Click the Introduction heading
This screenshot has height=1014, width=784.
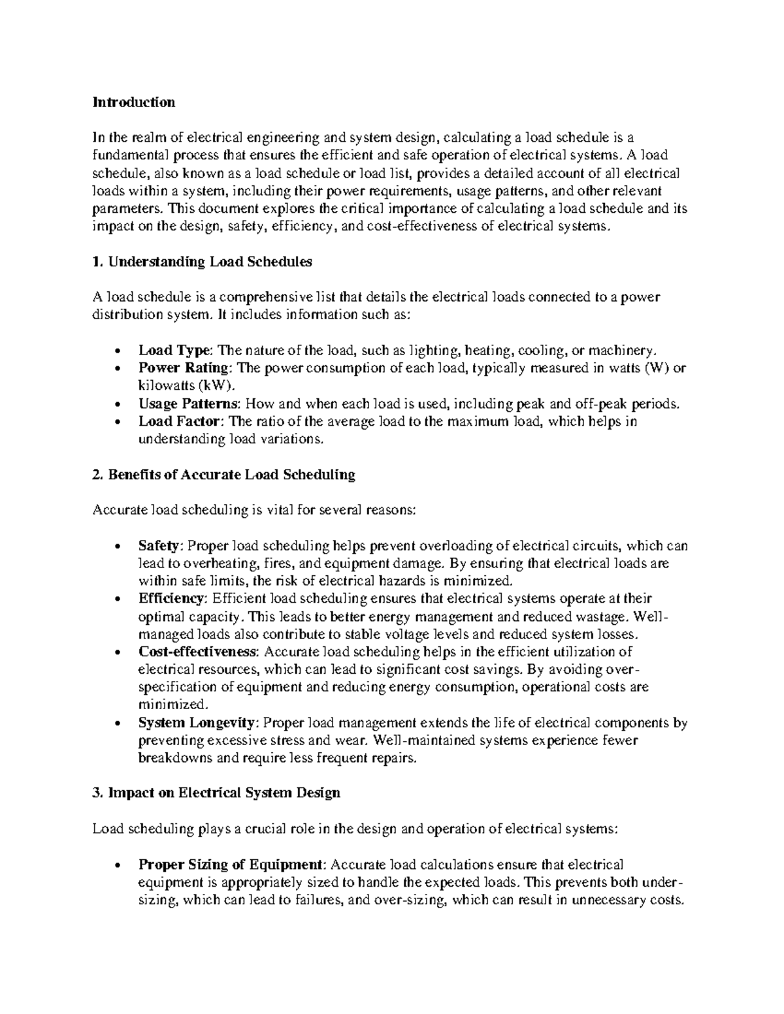tap(133, 103)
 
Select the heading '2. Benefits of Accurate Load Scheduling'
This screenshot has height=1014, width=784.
tap(223, 475)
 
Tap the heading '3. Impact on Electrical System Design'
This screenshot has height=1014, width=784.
tap(216, 793)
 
